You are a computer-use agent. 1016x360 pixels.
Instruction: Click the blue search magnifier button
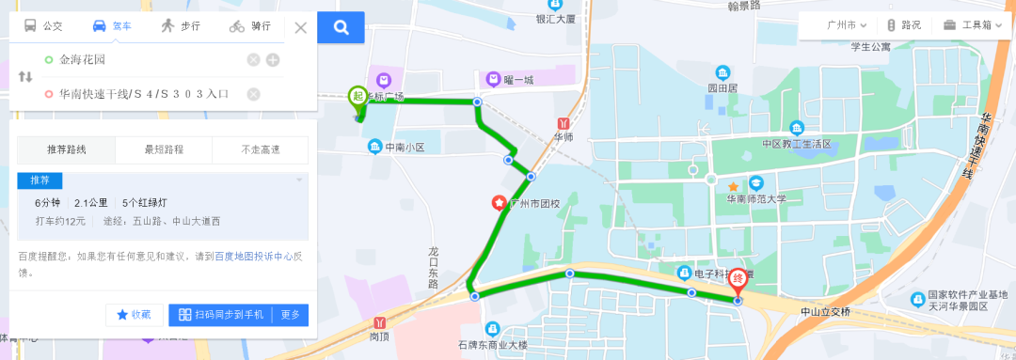341,26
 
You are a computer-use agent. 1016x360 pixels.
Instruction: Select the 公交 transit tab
43,26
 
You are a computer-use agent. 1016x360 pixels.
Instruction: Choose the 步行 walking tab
180,26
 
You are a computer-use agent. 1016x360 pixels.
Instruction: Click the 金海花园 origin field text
83,60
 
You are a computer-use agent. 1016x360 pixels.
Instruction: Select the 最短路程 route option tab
164,149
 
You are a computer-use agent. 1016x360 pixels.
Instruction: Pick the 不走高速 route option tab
261,149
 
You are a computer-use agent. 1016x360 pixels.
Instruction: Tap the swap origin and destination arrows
25,76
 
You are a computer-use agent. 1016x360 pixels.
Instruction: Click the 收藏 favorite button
133,315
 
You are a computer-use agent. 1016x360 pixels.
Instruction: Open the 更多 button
291,315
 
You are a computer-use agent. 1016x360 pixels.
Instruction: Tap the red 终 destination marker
738,280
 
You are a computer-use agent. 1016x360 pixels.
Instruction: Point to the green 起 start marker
357,96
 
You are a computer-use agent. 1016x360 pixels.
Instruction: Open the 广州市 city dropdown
846,25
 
